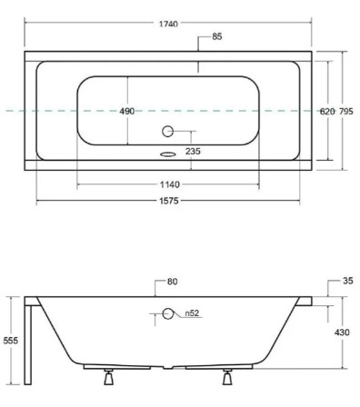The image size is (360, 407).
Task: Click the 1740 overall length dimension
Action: (x=168, y=24)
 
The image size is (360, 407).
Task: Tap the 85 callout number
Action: (x=217, y=36)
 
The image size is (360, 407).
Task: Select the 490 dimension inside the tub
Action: (x=126, y=111)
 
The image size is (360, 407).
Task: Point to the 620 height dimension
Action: (x=327, y=112)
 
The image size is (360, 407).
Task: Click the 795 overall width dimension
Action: (x=345, y=112)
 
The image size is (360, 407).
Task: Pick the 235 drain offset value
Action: (x=193, y=151)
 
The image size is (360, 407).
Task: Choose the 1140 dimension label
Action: (x=170, y=184)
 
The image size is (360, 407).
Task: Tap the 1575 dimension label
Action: (x=169, y=201)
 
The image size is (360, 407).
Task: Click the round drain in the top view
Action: (x=167, y=131)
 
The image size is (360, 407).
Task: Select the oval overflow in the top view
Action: (x=168, y=154)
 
